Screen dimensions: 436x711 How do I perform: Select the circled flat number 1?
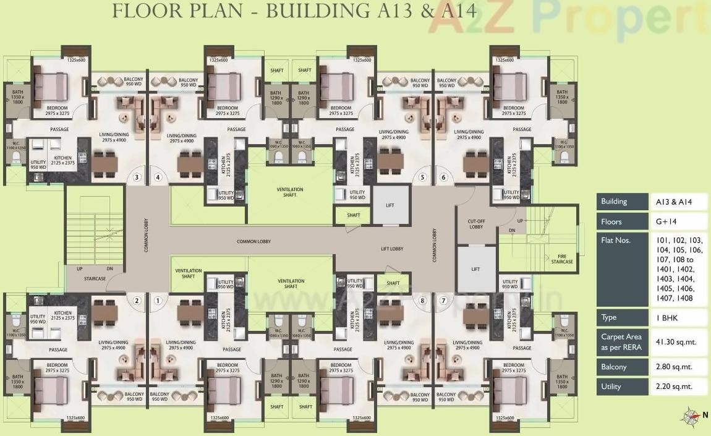pos(158,301)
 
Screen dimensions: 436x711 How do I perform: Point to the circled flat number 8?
pos(423,301)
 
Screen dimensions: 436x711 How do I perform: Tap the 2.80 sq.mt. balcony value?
pos(674,367)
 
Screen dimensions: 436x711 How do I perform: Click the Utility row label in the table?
pos(610,387)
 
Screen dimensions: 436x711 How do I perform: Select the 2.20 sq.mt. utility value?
pos(674,387)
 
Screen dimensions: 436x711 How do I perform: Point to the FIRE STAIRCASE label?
pos(562,259)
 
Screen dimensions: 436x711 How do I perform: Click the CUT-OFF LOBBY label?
pos(475,224)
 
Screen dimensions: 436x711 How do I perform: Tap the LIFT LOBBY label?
pos(392,249)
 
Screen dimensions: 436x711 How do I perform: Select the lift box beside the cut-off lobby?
pos(475,268)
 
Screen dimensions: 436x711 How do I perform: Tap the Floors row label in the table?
pos(611,221)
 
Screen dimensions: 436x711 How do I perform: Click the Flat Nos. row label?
pos(615,240)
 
